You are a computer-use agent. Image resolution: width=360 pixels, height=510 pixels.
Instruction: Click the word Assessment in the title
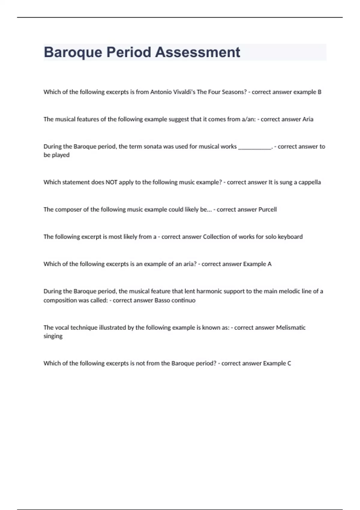(197, 52)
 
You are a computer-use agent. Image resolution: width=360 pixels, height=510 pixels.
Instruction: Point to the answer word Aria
(307, 119)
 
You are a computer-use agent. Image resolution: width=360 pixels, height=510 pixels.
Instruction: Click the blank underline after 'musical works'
(255, 147)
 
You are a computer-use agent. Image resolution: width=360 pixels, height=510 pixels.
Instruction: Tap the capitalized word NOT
(111, 182)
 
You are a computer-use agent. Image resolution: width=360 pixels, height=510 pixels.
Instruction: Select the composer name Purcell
(267, 209)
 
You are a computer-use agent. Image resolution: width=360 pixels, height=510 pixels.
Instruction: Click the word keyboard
(290, 237)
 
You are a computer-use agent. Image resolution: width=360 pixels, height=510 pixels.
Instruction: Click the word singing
(53, 336)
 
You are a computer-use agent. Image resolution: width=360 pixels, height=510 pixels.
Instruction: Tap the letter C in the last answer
(289, 363)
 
